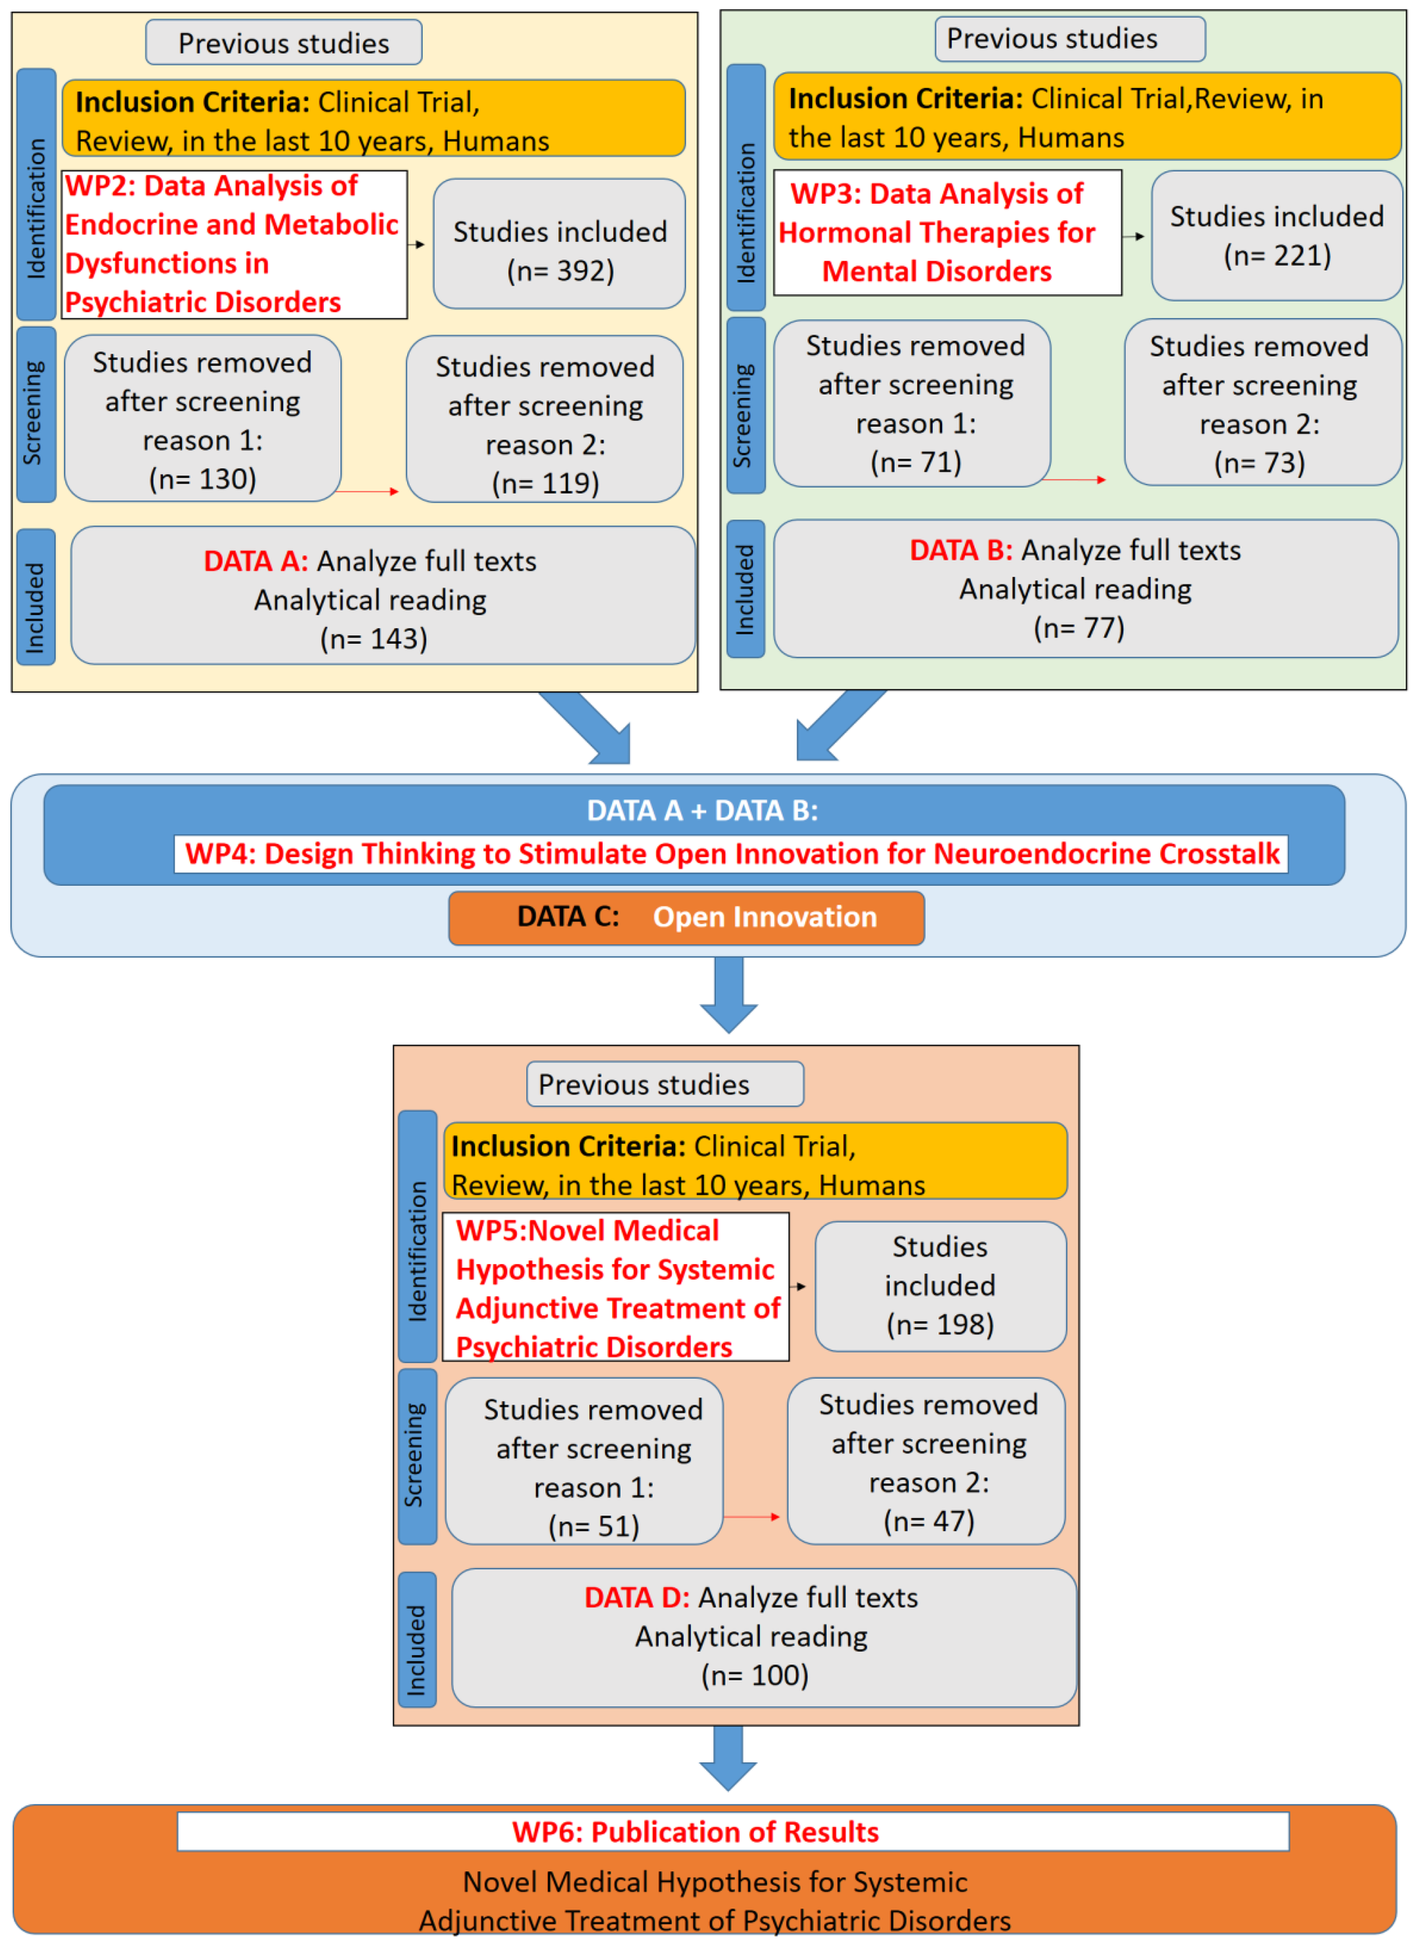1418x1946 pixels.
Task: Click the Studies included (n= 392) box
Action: coord(559,244)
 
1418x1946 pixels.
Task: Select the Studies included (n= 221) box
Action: coord(1276,235)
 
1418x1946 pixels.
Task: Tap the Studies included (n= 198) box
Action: coord(940,1285)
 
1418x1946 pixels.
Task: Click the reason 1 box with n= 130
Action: coord(202,418)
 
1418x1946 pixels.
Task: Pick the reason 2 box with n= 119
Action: coord(545,420)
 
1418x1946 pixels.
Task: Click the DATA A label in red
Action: coord(255,561)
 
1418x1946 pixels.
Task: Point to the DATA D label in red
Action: coord(636,1596)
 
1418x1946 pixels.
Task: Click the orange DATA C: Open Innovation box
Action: coord(686,917)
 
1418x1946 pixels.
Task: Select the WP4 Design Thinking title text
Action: coord(731,854)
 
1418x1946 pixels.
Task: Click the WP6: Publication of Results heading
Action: coord(695,1832)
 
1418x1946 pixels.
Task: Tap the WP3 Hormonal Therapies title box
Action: coord(947,233)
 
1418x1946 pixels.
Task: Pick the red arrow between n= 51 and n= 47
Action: coord(752,1517)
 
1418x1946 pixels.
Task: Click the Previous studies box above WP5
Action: coord(664,1084)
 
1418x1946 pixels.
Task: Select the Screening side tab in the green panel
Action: coord(745,405)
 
